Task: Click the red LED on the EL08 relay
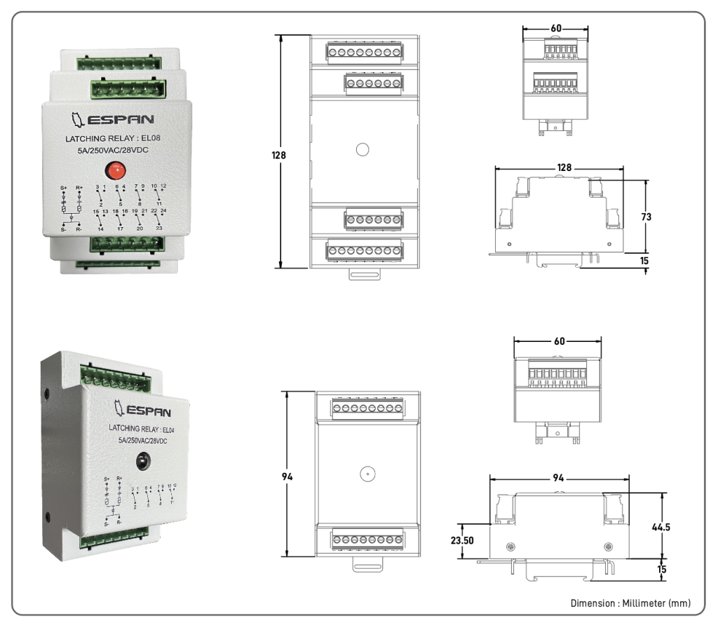114,170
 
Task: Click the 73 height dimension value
646,217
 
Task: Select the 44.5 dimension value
662,526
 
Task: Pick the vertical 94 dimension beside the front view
287,476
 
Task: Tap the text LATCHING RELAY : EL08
113,138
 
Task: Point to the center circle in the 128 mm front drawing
362,149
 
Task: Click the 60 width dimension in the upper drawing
556,28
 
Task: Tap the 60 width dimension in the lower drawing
559,341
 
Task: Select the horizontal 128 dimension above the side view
565,168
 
